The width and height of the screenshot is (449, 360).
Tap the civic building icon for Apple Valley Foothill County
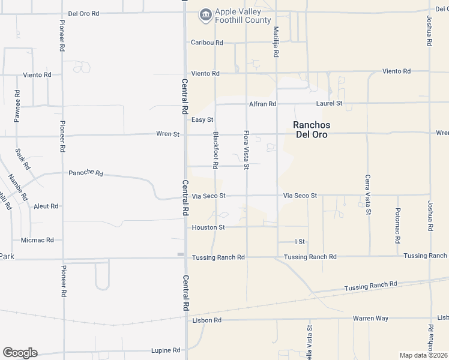pyautogui.click(x=206, y=14)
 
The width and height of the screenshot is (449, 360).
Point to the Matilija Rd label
pyautogui.click(x=276, y=41)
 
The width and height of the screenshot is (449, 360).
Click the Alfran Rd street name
pyautogui.click(x=263, y=104)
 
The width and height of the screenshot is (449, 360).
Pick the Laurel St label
pyautogui.click(x=330, y=103)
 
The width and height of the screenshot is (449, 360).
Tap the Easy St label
pyautogui.click(x=202, y=120)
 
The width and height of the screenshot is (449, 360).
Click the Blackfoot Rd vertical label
pyautogui.click(x=216, y=149)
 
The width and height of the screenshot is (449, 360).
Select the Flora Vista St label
pyautogui.click(x=246, y=150)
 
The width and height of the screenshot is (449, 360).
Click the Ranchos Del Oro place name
pyautogui.click(x=312, y=130)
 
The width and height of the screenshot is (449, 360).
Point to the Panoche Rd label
pyautogui.click(x=86, y=173)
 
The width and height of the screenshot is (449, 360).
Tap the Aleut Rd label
pyautogui.click(x=46, y=206)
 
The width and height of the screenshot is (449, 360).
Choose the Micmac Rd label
pyautogui.click(x=37, y=240)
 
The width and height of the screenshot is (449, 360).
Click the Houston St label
pyautogui.click(x=208, y=227)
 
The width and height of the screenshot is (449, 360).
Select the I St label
pyautogui.click(x=300, y=241)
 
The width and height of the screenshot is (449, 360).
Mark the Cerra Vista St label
pyautogui.click(x=368, y=195)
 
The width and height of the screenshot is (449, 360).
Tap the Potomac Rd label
pyautogui.click(x=397, y=226)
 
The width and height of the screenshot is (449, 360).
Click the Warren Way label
pyautogui.click(x=371, y=318)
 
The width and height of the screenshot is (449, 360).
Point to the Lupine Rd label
pyautogui.click(x=166, y=350)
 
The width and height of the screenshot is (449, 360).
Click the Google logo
pyautogui.click(x=20, y=353)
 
